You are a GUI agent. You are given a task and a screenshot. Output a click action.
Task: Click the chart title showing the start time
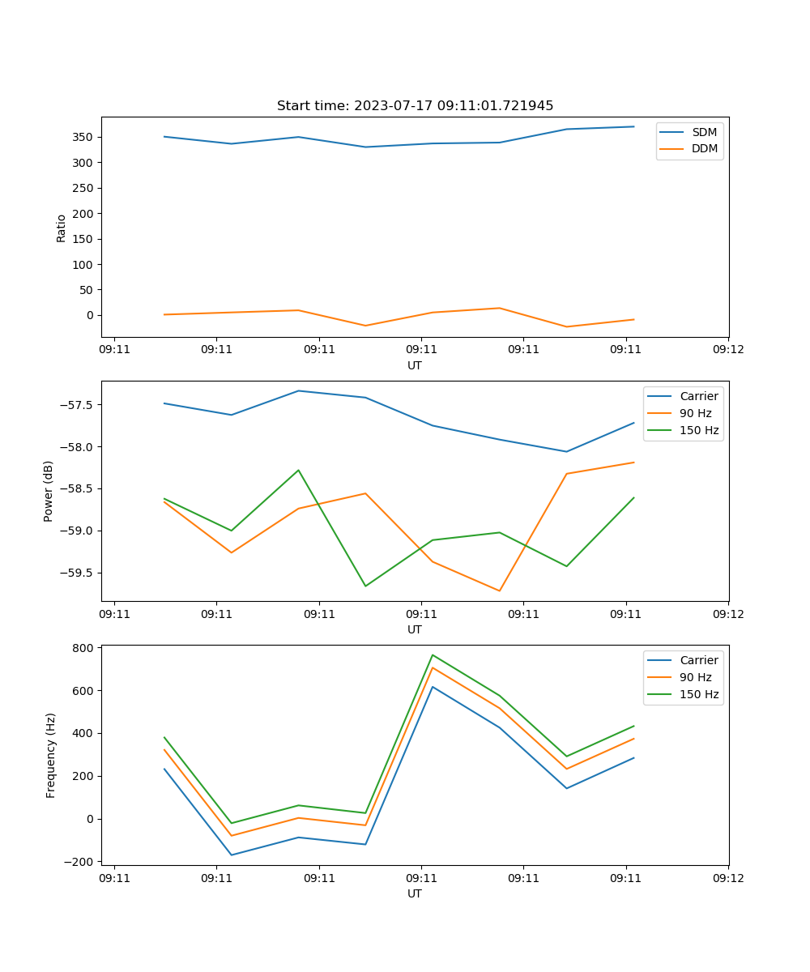[415, 106]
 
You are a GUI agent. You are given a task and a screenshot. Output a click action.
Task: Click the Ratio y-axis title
[62, 228]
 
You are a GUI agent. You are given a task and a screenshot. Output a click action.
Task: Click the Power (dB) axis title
[49, 491]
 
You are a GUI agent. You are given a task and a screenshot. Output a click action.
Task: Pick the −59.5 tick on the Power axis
[78, 573]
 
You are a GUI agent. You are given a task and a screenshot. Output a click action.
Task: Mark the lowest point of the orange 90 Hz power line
[499, 590]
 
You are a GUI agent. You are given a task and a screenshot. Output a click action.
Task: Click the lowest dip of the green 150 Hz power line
[365, 586]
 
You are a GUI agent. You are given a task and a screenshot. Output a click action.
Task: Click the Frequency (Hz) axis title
[51, 755]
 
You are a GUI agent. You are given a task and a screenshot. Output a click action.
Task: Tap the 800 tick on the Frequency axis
[84, 648]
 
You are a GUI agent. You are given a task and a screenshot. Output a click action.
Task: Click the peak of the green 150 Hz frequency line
[433, 654]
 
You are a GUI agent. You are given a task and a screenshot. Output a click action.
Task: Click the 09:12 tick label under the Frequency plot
[728, 877]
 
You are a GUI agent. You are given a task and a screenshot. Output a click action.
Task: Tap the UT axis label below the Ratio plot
[415, 365]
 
